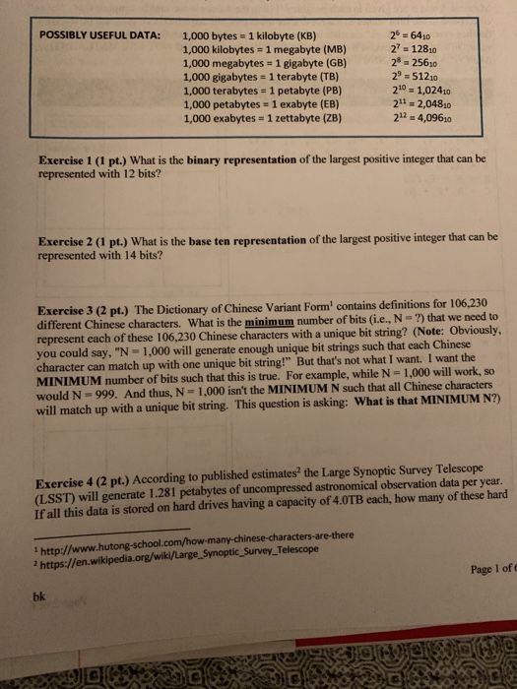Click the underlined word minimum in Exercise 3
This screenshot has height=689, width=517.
pyautogui.click(x=258, y=324)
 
